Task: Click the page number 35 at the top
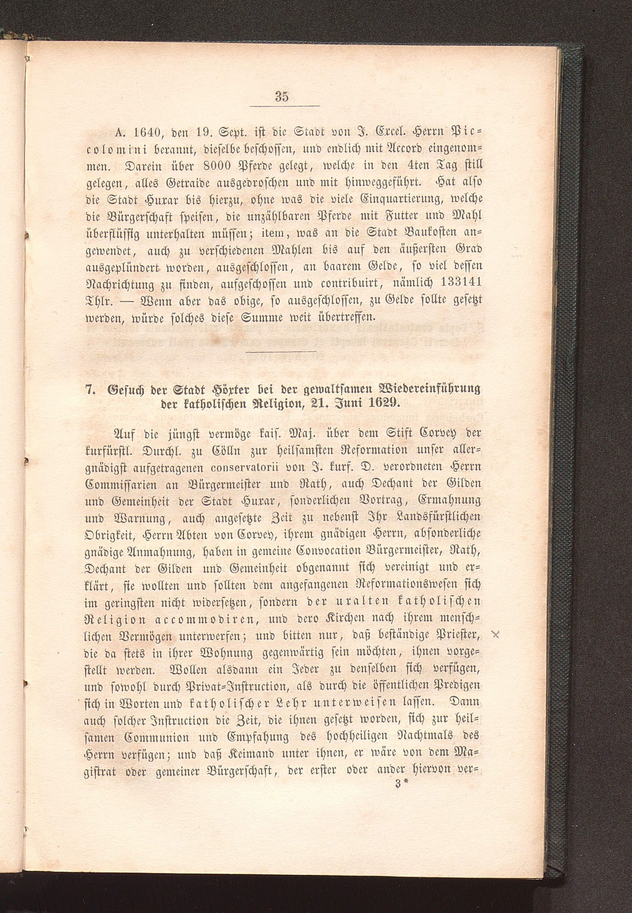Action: pyautogui.click(x=282, y=97)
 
